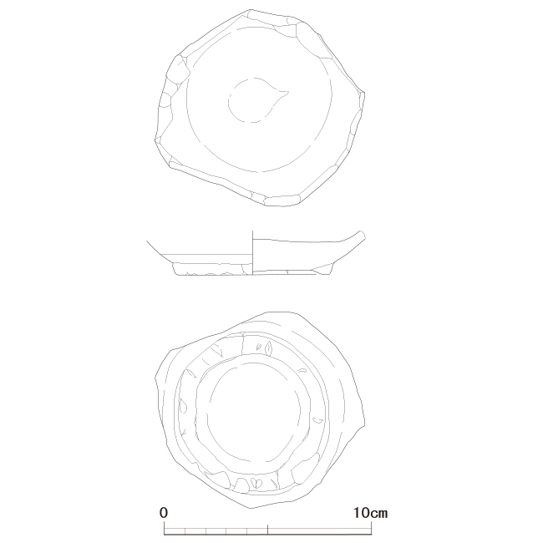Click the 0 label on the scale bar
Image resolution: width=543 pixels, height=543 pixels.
(x=164, y=513)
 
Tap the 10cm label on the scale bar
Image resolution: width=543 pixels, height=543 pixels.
(x=370, y=513)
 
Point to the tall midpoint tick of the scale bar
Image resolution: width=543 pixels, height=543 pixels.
(x=267, y=530)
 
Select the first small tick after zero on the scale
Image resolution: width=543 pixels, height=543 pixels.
(x=185, y=531)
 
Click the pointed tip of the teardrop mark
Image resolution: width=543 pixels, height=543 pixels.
(x=289, y=92)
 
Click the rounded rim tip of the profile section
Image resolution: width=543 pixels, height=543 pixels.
(x=363, y=235)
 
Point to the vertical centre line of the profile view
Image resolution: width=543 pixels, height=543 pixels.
(x=253, y=252)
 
